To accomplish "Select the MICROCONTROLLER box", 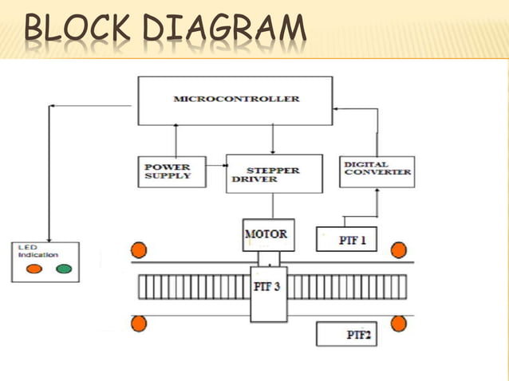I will click(235, 100).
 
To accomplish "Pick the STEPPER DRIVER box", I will click(274, 174).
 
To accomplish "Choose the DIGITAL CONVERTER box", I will click(377, 170).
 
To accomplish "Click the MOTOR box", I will click(268, 235).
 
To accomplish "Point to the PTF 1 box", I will click(346, 239).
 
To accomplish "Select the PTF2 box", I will click(346, 334).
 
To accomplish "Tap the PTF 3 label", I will click(267, 287).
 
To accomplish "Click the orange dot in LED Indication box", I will click(34, 269).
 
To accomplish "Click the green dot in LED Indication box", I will click(63, 269).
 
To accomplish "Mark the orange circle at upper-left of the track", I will click(139, 249).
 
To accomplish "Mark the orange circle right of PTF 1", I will click(399, 250).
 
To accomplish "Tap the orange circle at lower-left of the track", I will click(139, 323).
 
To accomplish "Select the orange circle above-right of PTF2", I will click(399, 323).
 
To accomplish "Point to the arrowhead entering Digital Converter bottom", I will click(377, 191).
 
